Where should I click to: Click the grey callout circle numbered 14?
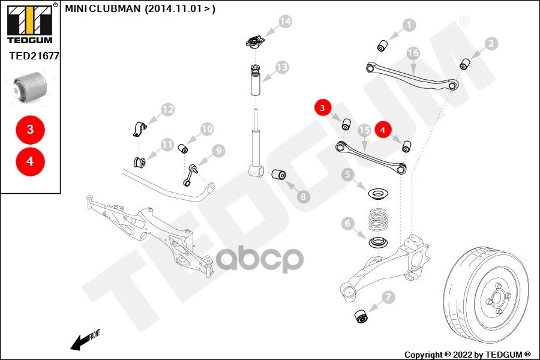click(x=285, y=22)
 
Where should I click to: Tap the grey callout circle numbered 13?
click(x=281, y=67)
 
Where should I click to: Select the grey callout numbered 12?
click(x=168, y=110)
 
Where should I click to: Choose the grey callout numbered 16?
click(x=413, y=53)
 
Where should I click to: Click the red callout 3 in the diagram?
click(x=323, y=108)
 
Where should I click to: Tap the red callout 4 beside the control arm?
click(x=383, y=128)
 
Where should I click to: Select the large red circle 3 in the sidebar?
click(x=29, y=129)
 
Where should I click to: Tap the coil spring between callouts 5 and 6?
click(x=377, y=219)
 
